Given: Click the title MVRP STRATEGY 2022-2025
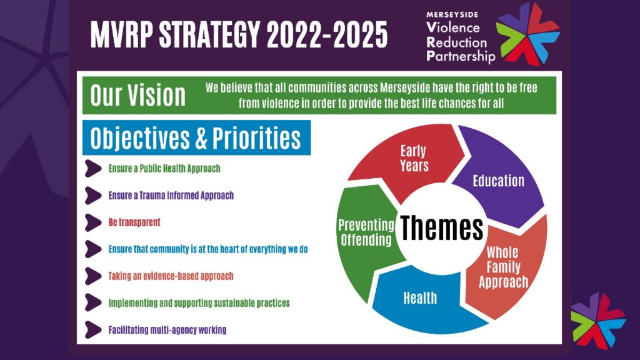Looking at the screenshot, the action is [239, 34].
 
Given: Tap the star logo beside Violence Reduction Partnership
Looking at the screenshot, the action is [527, 34].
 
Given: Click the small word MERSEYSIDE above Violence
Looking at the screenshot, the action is [452, 15].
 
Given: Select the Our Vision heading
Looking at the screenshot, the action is [138, 96].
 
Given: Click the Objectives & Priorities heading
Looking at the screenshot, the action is [196, 137].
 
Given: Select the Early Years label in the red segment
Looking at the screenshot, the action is [414, 158].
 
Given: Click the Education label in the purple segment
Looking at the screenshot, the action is [498, 181].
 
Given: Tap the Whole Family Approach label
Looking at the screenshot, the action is [503, 267].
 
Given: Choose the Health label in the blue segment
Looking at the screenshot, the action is [420, 298].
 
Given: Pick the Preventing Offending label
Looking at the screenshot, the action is [366, 232].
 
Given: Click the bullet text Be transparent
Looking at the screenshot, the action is [134, 222].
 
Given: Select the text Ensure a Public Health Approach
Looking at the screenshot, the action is [164, 169].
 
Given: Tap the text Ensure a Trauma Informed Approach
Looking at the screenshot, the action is [171, 196].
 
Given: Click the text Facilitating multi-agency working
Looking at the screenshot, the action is [167, 330].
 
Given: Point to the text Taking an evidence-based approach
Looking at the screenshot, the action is [171, 276].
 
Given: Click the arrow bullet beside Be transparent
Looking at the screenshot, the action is [93, 222].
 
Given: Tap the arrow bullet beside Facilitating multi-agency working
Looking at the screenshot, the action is [93, 330].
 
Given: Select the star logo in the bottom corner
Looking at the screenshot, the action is [598, 321].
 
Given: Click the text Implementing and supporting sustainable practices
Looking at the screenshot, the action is [199, 303].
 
